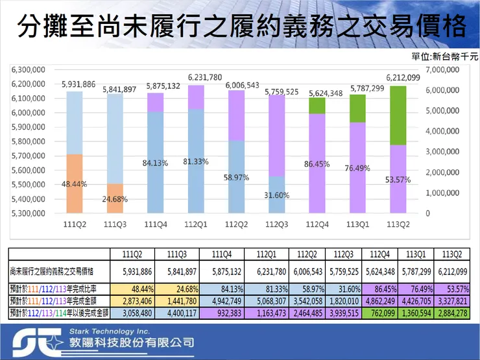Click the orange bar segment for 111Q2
tap(75, 184)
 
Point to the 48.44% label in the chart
tap(75, 184)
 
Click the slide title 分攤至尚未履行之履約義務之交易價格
tap(240, 27)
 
